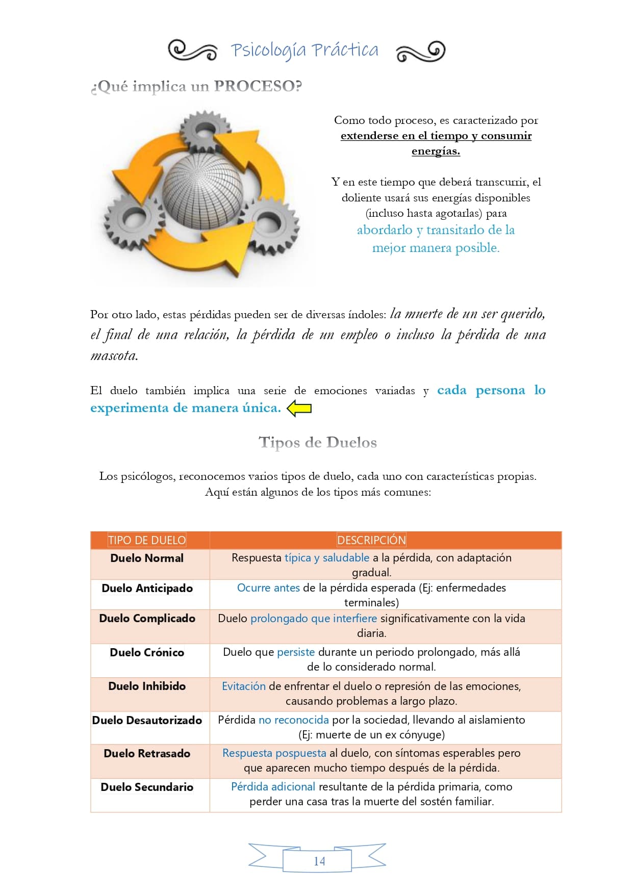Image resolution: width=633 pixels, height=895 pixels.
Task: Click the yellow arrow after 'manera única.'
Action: tap(299, 408)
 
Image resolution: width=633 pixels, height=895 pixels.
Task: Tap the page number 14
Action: tap(319, 861)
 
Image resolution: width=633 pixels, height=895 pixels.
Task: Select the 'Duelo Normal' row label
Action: tap(147, 558)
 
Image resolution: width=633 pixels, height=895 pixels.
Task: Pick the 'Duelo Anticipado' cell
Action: tap(147, 588)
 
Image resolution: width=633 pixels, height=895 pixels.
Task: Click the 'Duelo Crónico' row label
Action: tap(147, 652)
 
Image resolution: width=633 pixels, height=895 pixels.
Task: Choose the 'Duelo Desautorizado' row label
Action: tap(147, 720)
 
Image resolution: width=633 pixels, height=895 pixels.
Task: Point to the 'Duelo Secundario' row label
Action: tap(147, 787)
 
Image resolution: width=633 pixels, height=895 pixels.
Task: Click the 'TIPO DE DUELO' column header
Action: tap(147, 540)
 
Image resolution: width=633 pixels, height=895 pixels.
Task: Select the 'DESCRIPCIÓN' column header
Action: tap(371, 540)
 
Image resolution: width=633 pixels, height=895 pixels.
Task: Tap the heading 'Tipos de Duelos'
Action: tap(317, 442)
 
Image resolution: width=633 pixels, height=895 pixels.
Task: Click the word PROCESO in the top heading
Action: tap(258, 86)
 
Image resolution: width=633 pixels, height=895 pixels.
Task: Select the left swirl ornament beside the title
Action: tap(193, 51)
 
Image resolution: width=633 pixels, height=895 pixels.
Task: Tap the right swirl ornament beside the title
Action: tap(420, 51)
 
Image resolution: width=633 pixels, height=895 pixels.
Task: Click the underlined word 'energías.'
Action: tap(436, 151)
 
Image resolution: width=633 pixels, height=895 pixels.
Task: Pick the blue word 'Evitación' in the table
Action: tap(243, 686)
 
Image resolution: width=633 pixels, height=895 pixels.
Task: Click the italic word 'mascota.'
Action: tap(114, 355)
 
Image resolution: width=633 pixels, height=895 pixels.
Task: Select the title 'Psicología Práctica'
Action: tap(305, 50)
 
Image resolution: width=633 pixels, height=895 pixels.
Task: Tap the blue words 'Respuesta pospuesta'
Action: tap(274, 753)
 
